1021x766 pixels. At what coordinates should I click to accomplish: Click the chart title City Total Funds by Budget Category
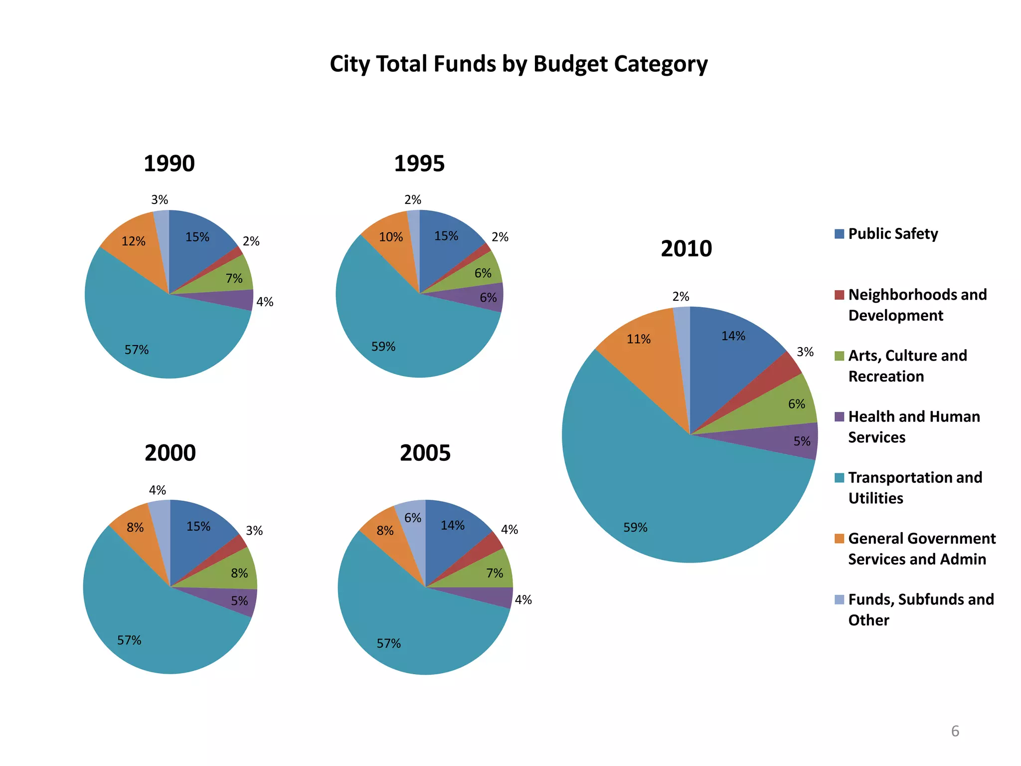[x=518, y=64]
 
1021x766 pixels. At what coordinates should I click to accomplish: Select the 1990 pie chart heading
[x=169, y=164]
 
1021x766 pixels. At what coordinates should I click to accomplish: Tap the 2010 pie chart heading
[x=686, y=249]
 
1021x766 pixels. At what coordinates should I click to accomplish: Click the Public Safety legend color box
[x=839, y=234]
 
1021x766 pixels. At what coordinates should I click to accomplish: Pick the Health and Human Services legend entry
[x=913, y=427]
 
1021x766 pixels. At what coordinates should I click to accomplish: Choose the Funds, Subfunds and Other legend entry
[x=920, y=609]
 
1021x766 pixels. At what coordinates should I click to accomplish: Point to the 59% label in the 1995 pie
[x=383, y=347]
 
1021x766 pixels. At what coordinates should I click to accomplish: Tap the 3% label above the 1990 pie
[x=160, y=200]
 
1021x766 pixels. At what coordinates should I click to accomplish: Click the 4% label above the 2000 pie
[x=158, y=491]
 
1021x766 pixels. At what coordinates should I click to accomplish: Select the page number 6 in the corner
[x=955, y=731]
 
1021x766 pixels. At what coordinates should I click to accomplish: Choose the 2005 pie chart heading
[x=425, y=453]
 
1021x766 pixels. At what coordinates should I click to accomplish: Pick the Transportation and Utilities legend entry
[x=915, y=488]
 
